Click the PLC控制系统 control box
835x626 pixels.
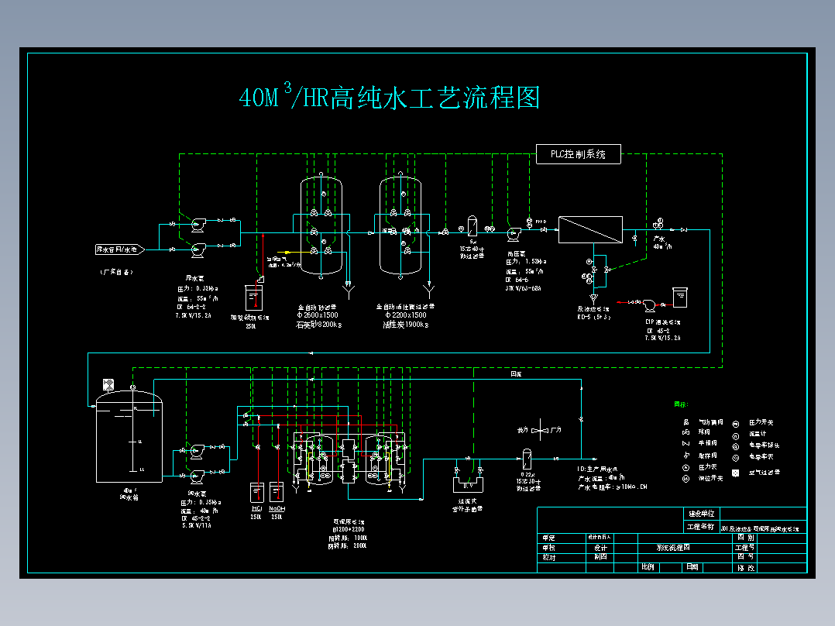pyautogui.click(x=579, y=154)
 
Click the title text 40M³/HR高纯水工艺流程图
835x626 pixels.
pyautogui.click(x=389, y=98)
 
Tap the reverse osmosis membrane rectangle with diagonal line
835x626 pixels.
pyautogui.click(x=590, y=229)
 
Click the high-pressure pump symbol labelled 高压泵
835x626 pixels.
pyautogui.click(x=512, y=231)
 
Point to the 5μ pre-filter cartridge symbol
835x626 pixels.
pyautogui.click(x=471, y=227)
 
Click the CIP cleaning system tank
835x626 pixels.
pyautogui.click(x=680, y=298)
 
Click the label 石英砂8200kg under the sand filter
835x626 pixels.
pyautogui.click(x=319, y=325)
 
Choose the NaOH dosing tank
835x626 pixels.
pyautogui.click(x=277, y=493)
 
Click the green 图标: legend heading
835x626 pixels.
pyautogui.click(x=681, y=404)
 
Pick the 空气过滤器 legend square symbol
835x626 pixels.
pyautogui.click(x=737, y=473)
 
